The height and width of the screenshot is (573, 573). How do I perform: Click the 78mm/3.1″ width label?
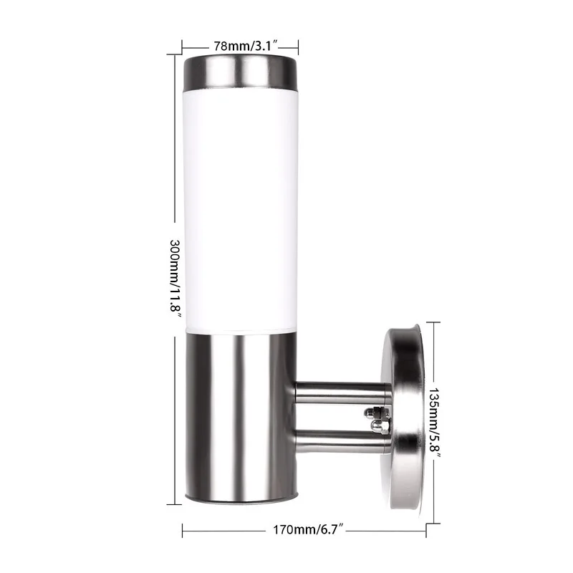click(x=240, y=44)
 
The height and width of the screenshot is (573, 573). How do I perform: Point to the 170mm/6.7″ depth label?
click(x=305, y=531)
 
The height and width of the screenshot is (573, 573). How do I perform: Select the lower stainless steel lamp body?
click(x=239, y=415)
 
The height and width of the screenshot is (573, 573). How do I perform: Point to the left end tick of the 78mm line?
click(x=183, y=44)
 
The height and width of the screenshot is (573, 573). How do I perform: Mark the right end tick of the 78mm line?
click(x=297, y=44)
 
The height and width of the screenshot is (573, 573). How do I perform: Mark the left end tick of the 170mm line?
click(x=183, y=531)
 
